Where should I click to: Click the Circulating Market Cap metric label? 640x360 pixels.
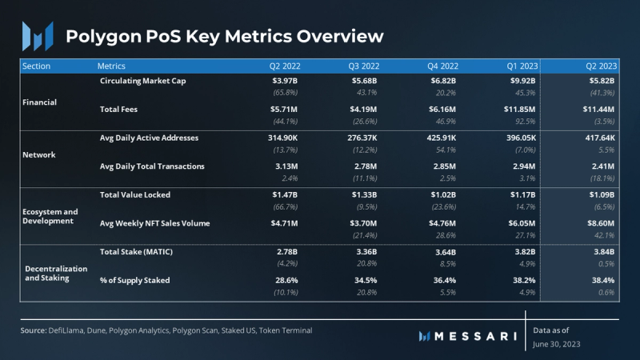[149, 82]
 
